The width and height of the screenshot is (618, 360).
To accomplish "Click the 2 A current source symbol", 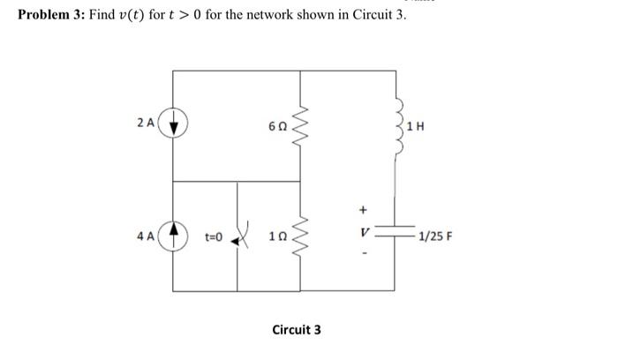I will click(x=173, y=125).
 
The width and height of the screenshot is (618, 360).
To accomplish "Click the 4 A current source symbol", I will click(x=173, y=236).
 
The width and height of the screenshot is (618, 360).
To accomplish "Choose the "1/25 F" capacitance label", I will click(x=436, y=236).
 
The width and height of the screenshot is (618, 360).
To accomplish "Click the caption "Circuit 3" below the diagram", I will click(x=296, y=329).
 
